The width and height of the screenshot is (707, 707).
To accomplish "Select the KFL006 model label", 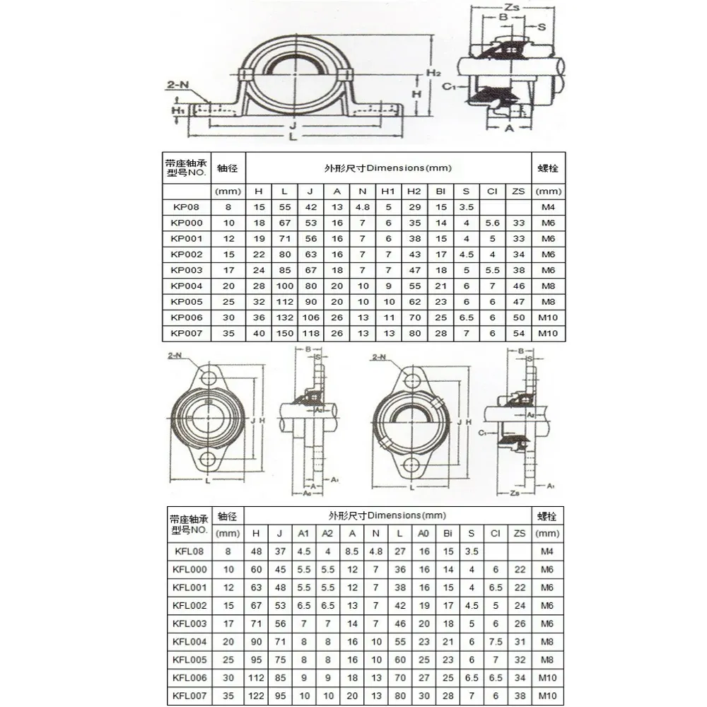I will pyautogui.click(x=189, y=677).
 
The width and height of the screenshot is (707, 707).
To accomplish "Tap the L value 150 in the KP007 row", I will pyautogui.click(x=284, y=333).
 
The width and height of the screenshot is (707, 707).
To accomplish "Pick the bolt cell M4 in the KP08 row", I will pyautogui.click(x=547, y=206).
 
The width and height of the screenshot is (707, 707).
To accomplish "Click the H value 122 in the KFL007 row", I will pyautogui.click(x=256, y=695).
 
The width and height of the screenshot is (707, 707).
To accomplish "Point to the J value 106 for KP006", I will pyautogui.click(x=310, y=317).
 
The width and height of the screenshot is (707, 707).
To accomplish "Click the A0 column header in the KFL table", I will pyautogui.click(x=423, y=534).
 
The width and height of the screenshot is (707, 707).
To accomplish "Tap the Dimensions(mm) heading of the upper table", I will pyautogui.click(x=387, y=168).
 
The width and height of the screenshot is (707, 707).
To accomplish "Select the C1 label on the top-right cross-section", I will pyautogui.click(x=448, y=86).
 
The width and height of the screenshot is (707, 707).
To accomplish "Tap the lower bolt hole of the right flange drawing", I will pyautogui.click(x=411, y=465).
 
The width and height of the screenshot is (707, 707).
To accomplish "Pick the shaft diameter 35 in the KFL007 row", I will pyautogui.click(x=228, y=695).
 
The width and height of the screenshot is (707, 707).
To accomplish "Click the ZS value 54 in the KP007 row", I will pyautogui.click(x=519, y=333).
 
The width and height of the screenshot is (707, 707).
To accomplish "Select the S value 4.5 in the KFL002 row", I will pyautogui.click(x=472, y=605).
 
